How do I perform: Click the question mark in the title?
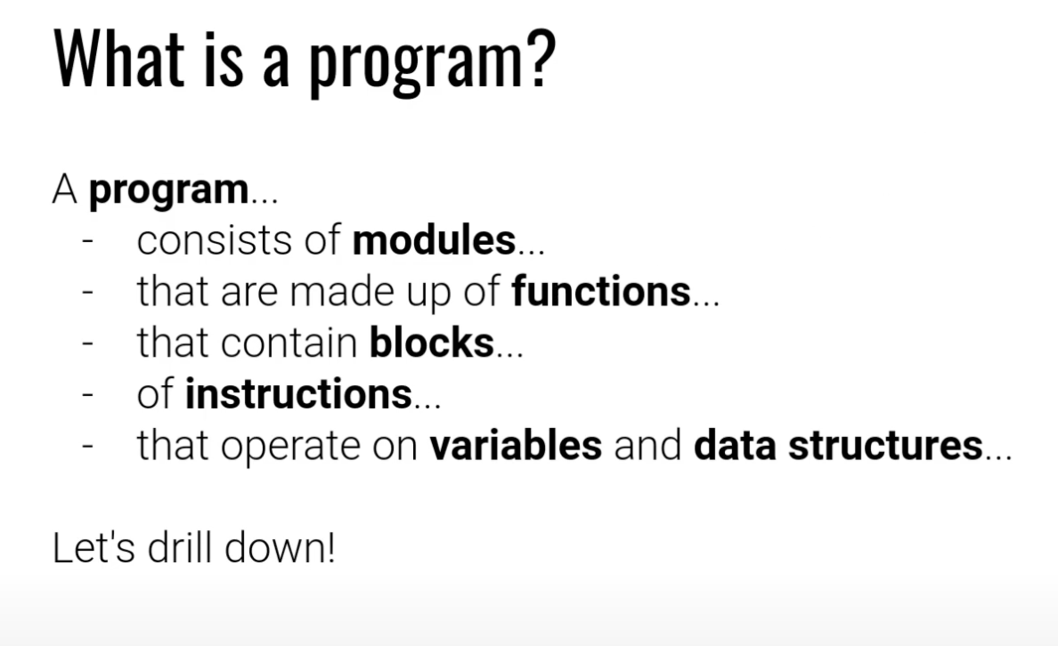[x=542, y=59]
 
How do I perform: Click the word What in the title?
[x=119, y=59]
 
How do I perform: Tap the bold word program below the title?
[x=168, y=190]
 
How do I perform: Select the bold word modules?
[x=434, y=240]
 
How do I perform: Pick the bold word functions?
[x=601, y=291]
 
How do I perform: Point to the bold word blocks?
[x=432, y=343]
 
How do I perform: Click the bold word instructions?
[x=298, y=394]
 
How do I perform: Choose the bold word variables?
[x=516, y=445]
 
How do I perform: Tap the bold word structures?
[x=885, y=445]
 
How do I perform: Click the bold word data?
[x=735, y=445]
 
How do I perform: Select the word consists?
[x=215, y=241]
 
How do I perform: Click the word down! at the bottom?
[x=280, y=547]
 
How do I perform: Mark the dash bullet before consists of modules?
[x=87, y=241]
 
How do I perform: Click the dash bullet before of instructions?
[x=87, y=394]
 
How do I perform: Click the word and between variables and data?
[x=647, y=445]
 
